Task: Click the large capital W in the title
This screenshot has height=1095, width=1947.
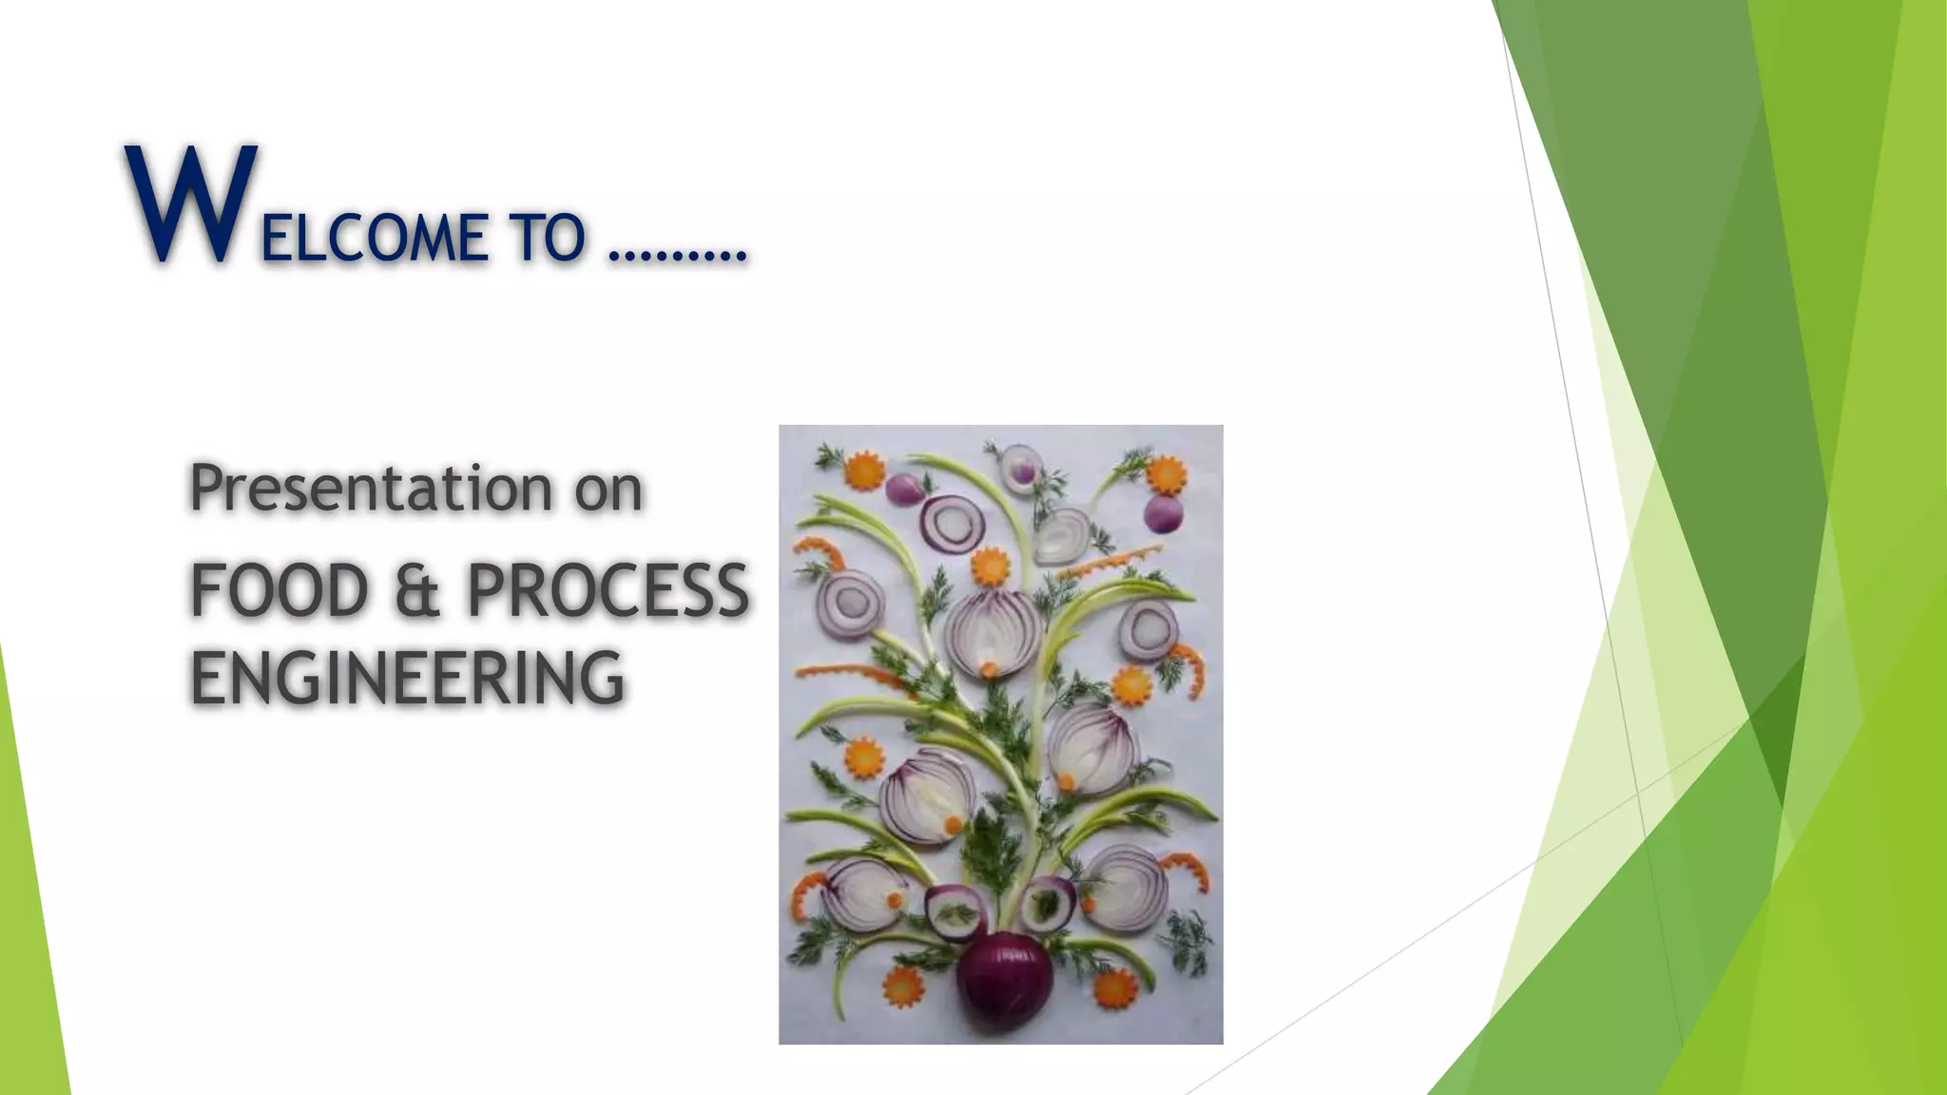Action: pyautogui.click(x=190, y=204)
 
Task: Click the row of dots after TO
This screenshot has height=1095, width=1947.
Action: pyautogui.click(x=677, y=255)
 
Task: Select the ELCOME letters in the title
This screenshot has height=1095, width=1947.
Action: pyautogui.click(x=374, y=238)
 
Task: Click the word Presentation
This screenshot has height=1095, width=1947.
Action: pyautogui.click(x=371, y=489)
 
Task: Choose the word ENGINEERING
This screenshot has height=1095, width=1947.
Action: pyautogui.click(x=407, y=678)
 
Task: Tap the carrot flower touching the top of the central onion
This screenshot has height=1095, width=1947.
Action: pyautogui.click(x=990, y=567)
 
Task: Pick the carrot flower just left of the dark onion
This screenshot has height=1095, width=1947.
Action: pyautogui.click(x=903, y=987)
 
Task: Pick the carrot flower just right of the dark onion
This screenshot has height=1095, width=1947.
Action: pyautogui.click(x=1114, y=989)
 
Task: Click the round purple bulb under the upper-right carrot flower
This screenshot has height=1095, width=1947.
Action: pyautogui.click(x=1164, y=513)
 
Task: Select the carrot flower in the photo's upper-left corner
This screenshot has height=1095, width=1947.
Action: pyautogui.click(x=864, y=471)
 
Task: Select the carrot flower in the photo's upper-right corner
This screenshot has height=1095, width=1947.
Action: pyautogui.click(x=1166, y=473)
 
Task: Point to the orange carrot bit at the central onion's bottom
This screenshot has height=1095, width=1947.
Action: pyautogui.click(x=990, y=668)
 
